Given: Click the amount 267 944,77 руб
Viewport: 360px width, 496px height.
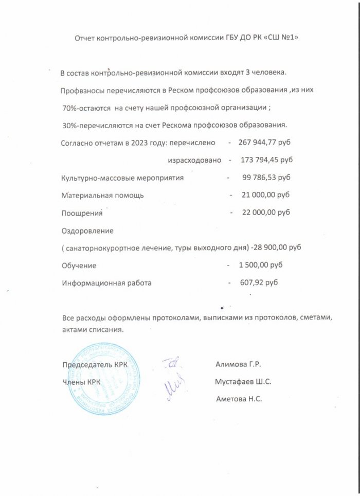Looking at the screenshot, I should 268,142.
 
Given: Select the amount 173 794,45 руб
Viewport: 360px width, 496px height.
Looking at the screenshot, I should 267,160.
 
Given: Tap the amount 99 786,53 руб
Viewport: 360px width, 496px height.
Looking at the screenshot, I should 266,178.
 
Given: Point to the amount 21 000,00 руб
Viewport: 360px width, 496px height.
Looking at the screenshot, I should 265,195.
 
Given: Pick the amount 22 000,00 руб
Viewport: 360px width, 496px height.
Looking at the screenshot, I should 266,212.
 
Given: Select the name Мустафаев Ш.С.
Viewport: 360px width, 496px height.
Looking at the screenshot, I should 244,382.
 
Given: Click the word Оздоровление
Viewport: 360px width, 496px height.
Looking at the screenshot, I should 87,231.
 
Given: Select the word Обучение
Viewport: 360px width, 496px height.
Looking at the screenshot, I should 79,265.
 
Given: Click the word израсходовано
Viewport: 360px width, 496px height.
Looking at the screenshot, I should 194,160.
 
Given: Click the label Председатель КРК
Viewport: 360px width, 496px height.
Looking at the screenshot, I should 95,365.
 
